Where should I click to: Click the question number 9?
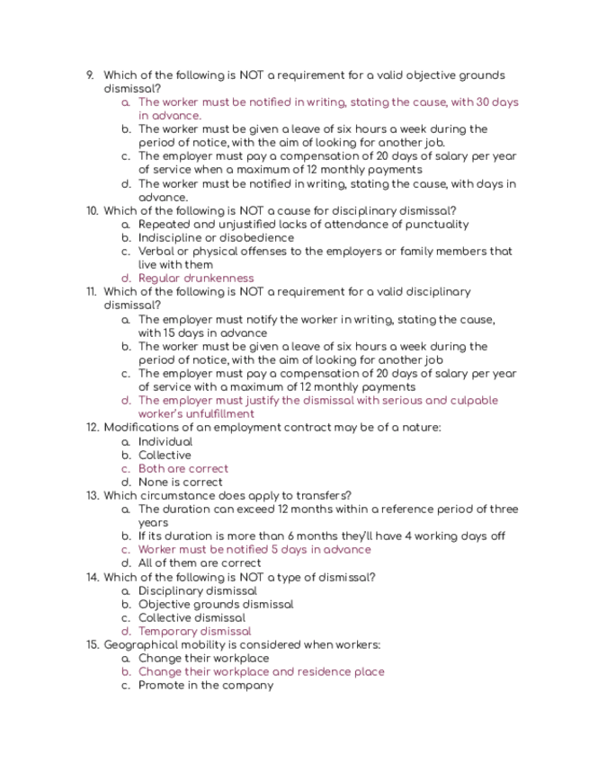[89, 75]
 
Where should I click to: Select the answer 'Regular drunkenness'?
[196, 279]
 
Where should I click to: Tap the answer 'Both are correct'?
[183, 468]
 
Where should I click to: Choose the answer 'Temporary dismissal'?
[195, 631]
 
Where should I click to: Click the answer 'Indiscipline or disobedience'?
[216, 238]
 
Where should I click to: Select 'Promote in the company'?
[206, 685]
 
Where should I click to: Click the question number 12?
[92, 428]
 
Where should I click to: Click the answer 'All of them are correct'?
[200, 563]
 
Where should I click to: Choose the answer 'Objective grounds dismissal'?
[216, 604]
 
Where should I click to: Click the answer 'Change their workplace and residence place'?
[261, 671]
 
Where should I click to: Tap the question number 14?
[92, 577]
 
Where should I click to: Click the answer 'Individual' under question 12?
[165, 441]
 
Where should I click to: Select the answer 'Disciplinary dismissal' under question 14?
[198, 590]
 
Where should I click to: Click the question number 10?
[92, 211]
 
